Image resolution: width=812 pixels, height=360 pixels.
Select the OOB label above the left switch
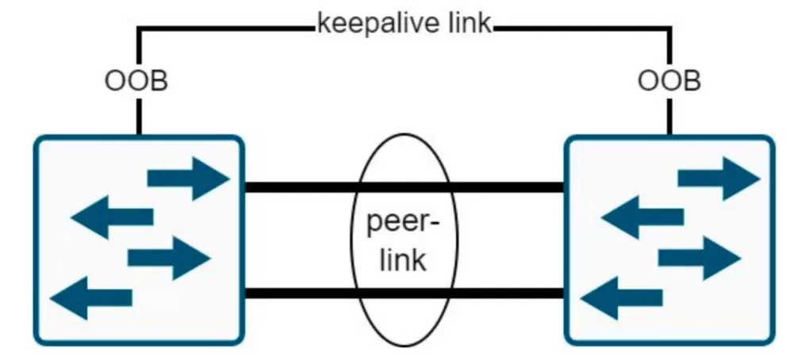point(136,81)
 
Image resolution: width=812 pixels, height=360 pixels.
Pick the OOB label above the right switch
point(669,81)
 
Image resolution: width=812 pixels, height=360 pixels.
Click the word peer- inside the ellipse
point(402,224)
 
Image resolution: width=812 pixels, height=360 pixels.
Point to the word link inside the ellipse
point(402,260)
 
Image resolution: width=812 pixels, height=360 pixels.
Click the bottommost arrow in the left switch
point(91,297)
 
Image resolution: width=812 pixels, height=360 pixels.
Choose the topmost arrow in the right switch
point(718,178)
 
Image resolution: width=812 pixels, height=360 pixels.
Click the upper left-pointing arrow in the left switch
point(112,216)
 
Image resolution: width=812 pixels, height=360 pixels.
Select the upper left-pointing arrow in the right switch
point(642,216)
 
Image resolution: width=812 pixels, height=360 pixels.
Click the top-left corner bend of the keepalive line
point(139,29)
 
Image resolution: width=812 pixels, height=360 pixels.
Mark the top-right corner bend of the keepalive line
point(671,29)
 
